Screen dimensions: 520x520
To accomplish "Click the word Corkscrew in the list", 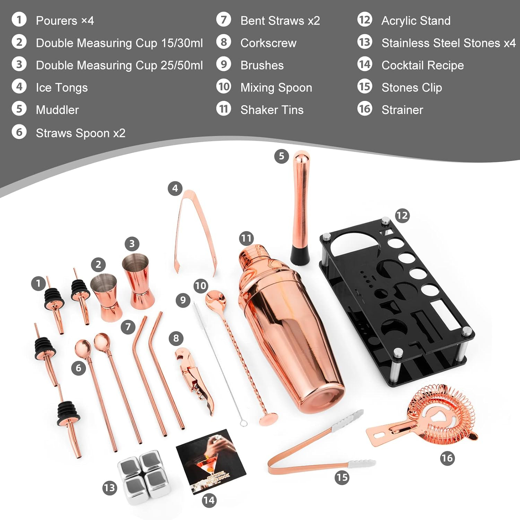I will click(268, 43).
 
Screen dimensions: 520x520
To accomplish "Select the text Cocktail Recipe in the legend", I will click(422, 65).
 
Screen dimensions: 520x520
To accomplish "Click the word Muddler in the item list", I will click(57, 110).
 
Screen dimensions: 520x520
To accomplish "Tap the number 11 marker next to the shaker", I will click(246, 238).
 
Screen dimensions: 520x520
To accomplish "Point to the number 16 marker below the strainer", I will click(447, 458).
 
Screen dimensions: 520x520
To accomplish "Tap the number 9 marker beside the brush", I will click(183, 300).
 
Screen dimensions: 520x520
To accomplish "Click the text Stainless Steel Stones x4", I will click(448, 43).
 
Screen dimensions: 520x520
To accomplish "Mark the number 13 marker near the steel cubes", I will click(110, 488).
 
